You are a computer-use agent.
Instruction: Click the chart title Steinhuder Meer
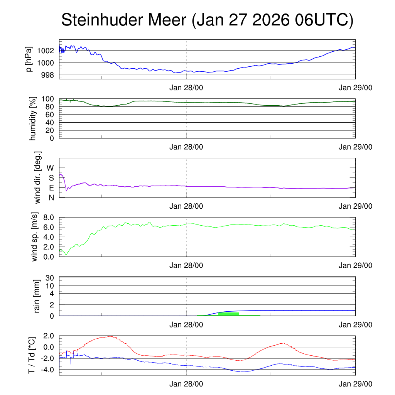[x=207, y=20]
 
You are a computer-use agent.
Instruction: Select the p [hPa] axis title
[x=29, y=59]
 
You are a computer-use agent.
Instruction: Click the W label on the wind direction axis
[x=50, y=168]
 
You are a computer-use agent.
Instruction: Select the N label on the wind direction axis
[x=51, y=197]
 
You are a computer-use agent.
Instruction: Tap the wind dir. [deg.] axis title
[x=38, y=177]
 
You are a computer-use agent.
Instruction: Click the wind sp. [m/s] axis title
[x=35, y=237]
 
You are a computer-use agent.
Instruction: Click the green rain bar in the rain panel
[x=228, y=314]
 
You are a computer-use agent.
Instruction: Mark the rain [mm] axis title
[x=37, y=296]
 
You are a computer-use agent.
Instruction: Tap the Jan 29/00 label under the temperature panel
[x=355, y=384]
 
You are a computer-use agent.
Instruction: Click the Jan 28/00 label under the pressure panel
[x=186, y=88]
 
